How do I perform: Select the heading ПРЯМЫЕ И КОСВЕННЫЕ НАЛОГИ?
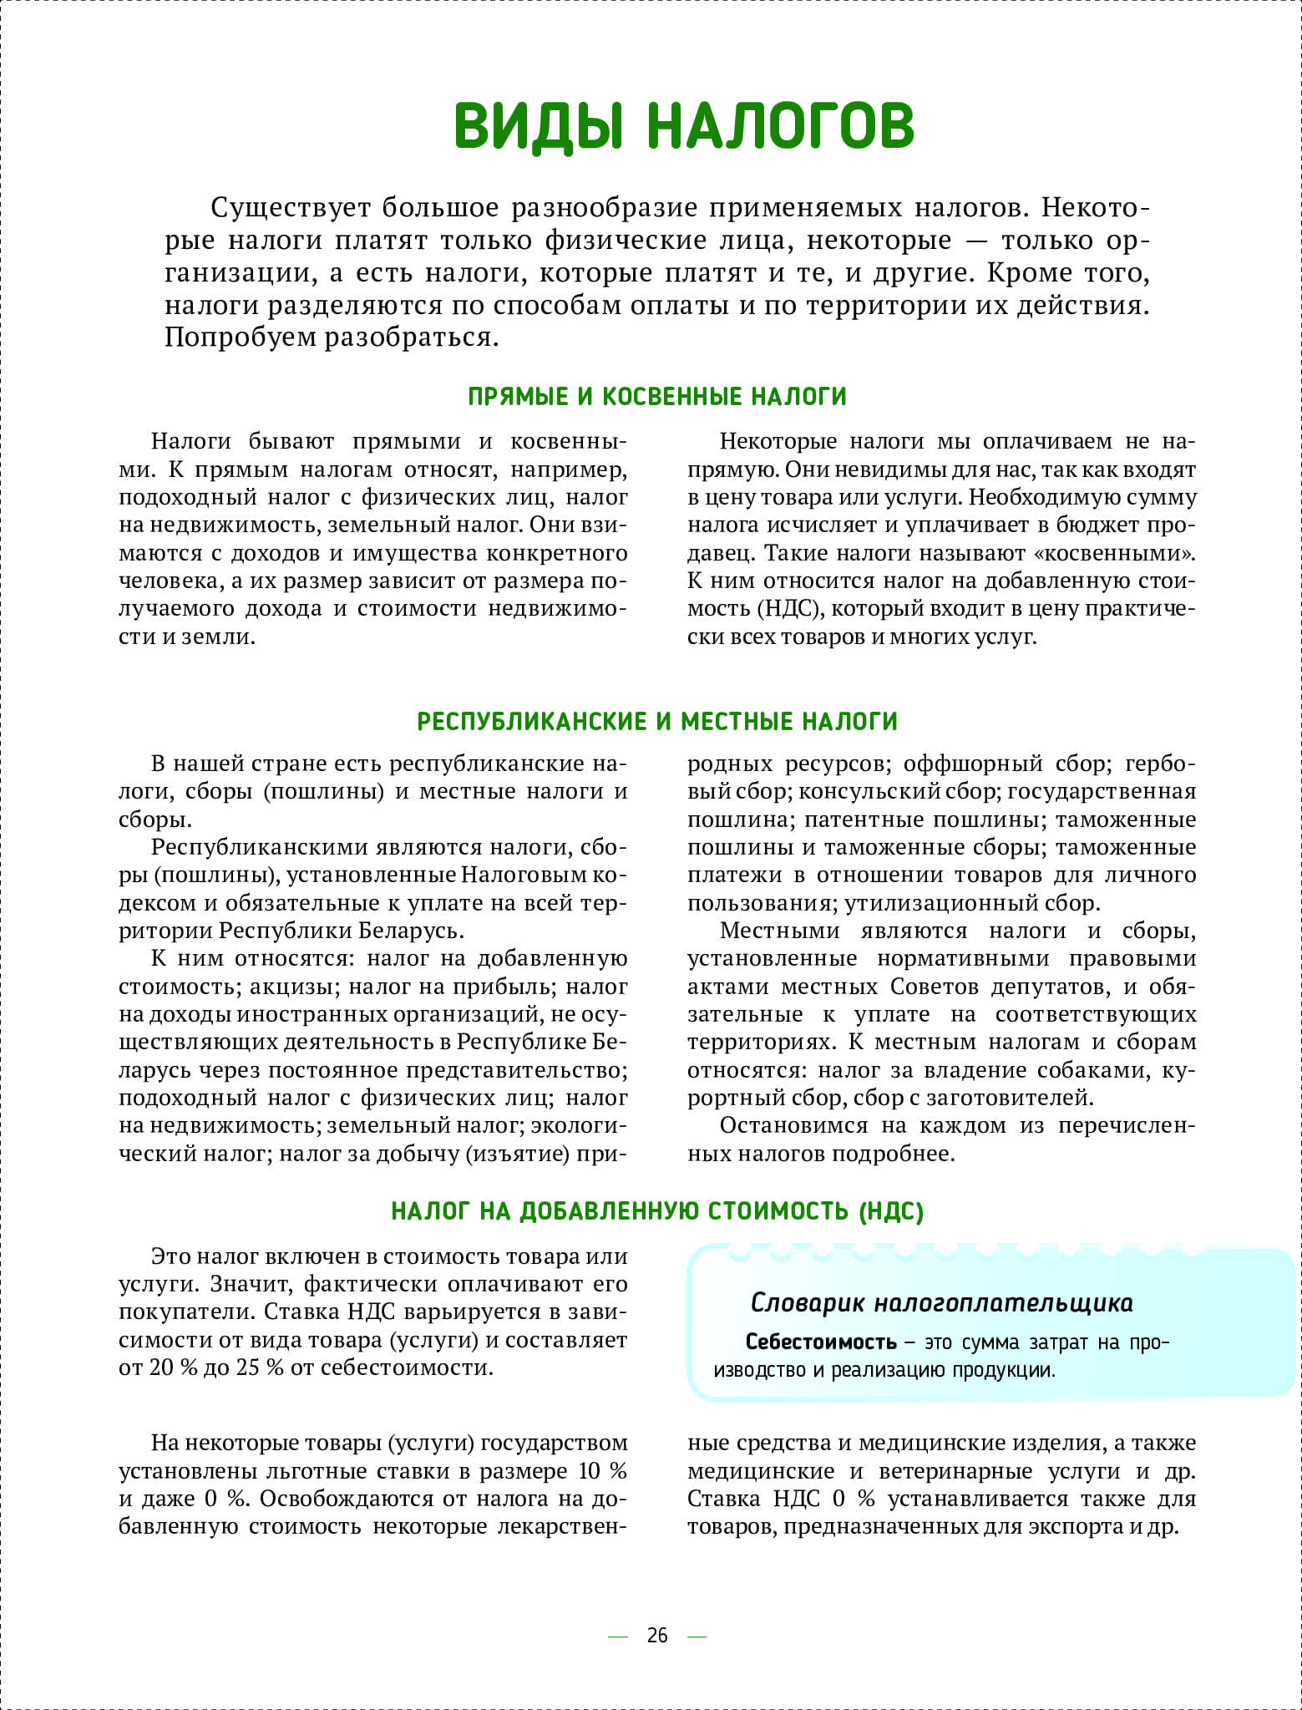coord(657,396)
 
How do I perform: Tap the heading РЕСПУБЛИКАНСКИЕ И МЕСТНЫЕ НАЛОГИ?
coord(657,721)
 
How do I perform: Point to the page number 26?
coord(657,1635)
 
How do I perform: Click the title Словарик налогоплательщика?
coord(941,1302)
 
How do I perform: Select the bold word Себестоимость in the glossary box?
coord(820,1342)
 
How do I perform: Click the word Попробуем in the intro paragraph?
coord(240,337)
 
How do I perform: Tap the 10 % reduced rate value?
coord(603,1471)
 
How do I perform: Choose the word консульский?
coord(868,791)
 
